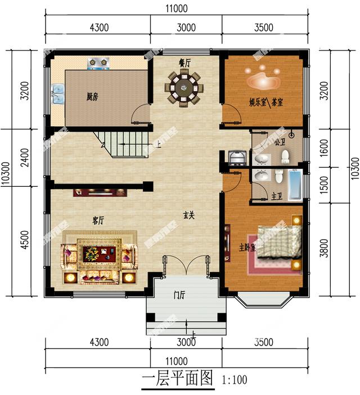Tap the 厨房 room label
(92, 97)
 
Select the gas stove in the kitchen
(97, 61)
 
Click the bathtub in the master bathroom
(295, 185)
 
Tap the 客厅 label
(98, 221)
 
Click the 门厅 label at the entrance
(181, 296)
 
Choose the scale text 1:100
(235, 379)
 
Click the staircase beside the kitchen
(123, 143)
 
